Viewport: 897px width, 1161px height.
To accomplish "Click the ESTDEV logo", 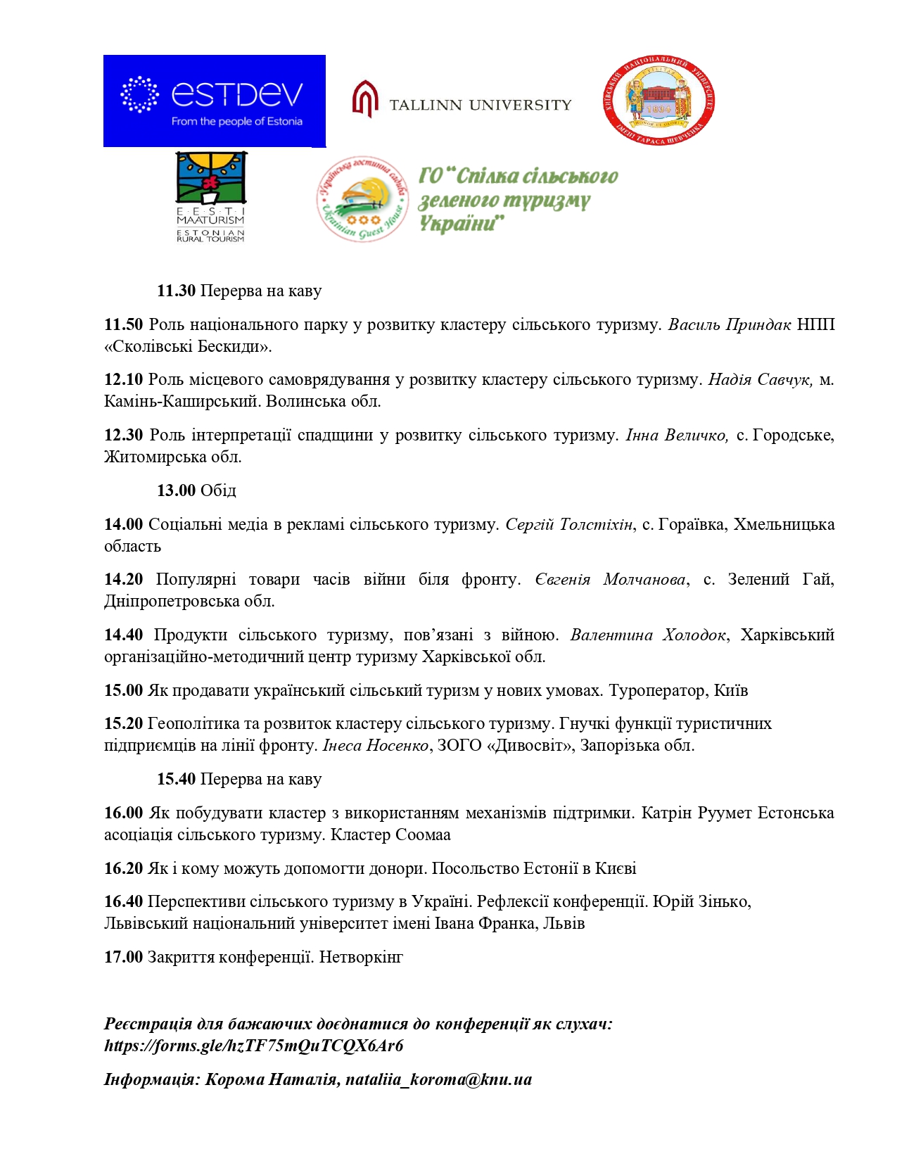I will tap(214, 101).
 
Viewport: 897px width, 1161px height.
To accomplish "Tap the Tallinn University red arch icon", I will tap(365, 99).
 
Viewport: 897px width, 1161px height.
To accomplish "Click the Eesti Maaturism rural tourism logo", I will tap(210, 197).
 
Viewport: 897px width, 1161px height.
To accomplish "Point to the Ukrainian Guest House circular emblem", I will tap(362, 199).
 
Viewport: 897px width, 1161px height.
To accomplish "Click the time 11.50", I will tap(123, 324).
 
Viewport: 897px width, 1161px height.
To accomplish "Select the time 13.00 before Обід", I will tap(176, 490).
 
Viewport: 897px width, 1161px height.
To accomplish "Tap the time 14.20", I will tap(123, 579).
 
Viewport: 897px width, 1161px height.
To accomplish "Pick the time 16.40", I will tap(123, 901).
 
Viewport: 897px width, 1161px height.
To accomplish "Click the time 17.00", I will tap(123, 957).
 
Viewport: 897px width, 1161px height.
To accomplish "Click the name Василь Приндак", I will tap(730, 324).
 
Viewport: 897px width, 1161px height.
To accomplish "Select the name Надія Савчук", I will tap(761, 379).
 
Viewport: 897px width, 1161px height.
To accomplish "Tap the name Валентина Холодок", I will tap(648, 635).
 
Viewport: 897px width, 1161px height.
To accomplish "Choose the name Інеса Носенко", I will tap(376, 745).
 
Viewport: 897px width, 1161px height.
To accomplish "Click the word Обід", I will tap(218, 490).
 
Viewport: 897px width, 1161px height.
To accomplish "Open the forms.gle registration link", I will tap(254, 1046).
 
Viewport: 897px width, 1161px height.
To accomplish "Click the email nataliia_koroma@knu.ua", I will tap(438, 1079).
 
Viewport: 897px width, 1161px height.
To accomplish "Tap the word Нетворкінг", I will tap(361, 957).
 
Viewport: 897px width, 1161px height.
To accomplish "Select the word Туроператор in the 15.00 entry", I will tap(658, 690).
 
